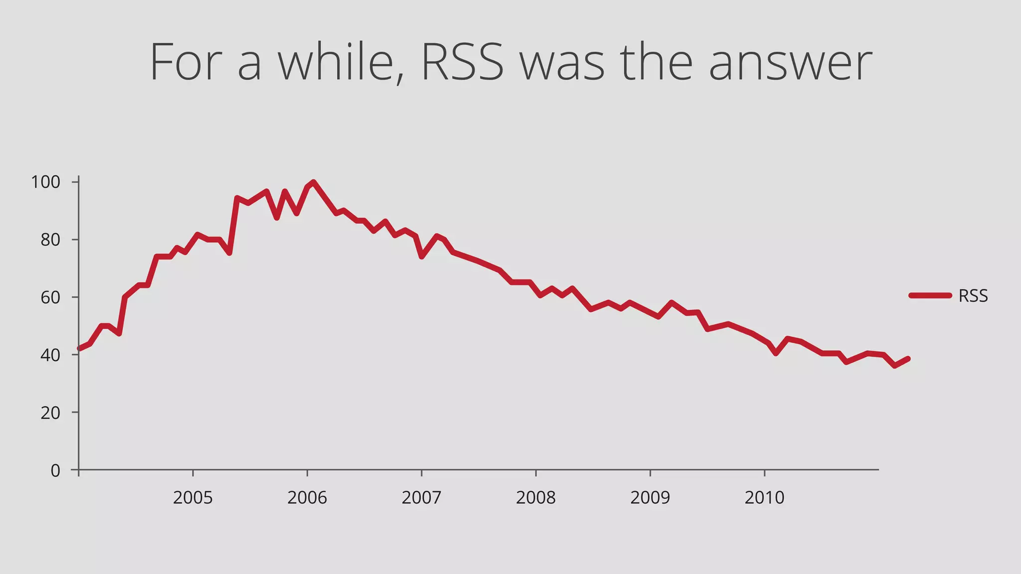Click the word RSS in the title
point(462,63)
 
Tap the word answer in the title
point(790,64)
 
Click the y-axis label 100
point(45,182)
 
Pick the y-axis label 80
point(50,240)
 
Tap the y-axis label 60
point(50,297)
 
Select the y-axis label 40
point(50,355)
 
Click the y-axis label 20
point(50,413)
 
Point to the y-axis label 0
point(55,470)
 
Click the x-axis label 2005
point(192,498)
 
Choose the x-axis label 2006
point(307,498)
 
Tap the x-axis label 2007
point(421,498)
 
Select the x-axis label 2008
point(535,498)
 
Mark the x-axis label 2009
point(650,498)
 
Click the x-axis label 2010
point(764,498)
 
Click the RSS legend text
point(973,296)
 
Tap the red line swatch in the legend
point(930,295)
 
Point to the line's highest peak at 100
point(313,182)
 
